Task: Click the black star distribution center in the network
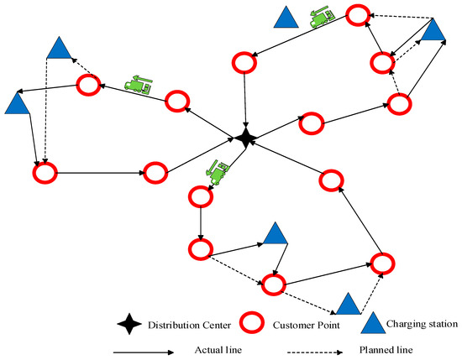[244, 138]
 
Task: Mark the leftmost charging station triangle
[16, 104]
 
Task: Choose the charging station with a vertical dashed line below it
[58, 50]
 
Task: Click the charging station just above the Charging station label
[347, 304]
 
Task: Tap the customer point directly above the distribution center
[244, 61]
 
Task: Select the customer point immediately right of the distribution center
[310, 123]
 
